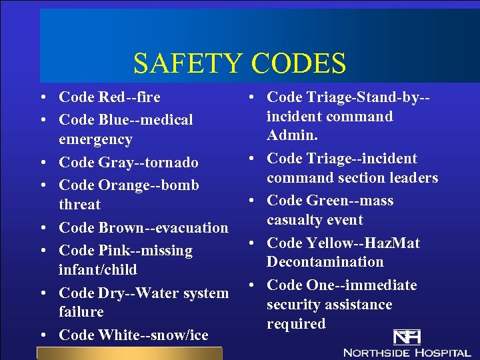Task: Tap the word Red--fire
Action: click(x=129, y=97)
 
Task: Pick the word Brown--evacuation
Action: click(x=163, y=227)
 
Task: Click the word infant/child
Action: click(x=98, y=270)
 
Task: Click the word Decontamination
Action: click(x=325, y=262)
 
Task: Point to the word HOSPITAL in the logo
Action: click(x=443, y=351)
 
